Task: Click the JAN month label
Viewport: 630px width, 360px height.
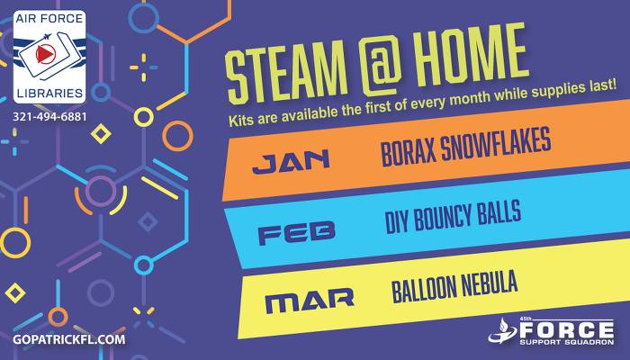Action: (x=291, y=162)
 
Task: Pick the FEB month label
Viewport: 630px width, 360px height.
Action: (x=296, y=233)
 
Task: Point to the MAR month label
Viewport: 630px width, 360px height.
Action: (x=310, y=301)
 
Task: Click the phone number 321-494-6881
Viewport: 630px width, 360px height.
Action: (x=49, y=117)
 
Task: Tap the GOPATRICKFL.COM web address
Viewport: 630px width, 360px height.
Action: (x=68, y=338)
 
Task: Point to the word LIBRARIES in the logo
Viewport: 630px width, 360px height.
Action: (x=49, y=93)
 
